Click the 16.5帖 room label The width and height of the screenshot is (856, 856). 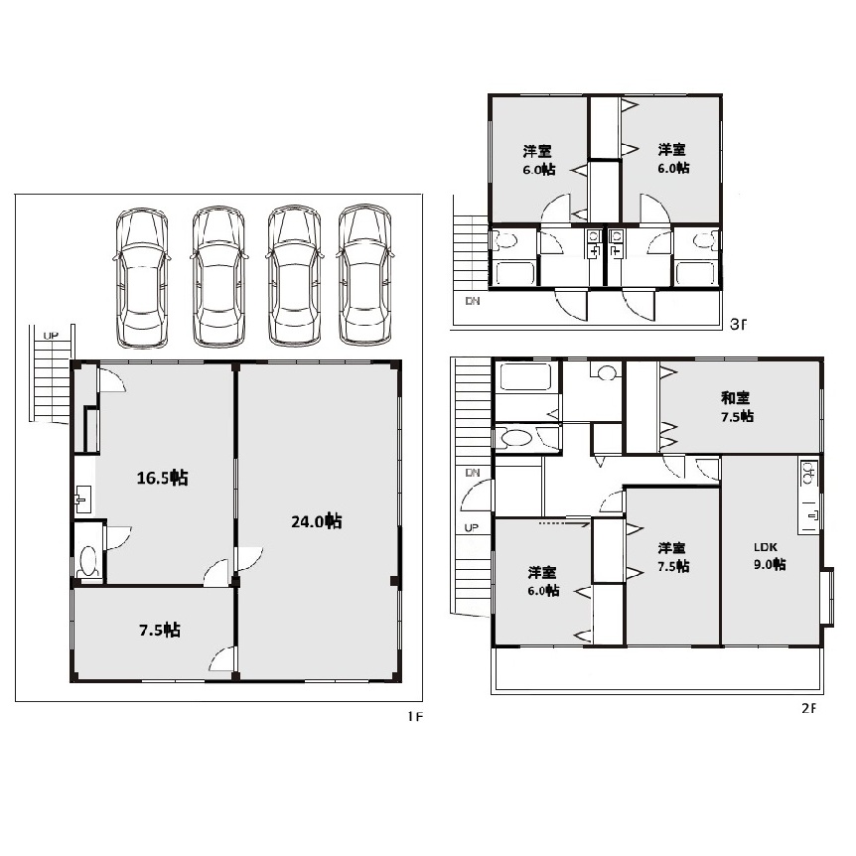tap(162, 478)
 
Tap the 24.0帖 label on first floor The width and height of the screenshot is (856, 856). tap(317, 521)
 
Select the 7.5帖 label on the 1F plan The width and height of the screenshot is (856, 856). tap(160, 630)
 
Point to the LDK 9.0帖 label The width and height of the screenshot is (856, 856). tap(770, 556)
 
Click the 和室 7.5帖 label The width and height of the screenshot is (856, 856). tap(737, 407)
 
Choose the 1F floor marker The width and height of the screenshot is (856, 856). tap(415, 716)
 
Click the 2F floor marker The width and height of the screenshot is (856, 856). tap(809, 708)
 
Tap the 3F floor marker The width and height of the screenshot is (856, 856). tap(738, 325)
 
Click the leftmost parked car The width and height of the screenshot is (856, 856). tap(142, 277)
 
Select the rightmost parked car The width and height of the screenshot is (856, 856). tap(364, 275)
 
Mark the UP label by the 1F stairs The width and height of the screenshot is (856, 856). tap(51, 336)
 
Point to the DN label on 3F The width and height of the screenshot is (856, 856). tap(473, 301)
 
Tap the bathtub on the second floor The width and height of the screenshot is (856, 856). tap(525, 376)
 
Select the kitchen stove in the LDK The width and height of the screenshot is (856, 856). tap(809, 474)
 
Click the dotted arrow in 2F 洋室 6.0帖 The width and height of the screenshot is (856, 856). tap(564, 523)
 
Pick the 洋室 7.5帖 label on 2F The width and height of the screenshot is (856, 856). tap(673, 557)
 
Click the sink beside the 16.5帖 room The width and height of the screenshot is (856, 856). tap(82, 498)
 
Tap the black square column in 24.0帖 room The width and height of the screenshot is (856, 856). tap(394, 580)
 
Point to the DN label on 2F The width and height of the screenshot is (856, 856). tap(473, 473)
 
